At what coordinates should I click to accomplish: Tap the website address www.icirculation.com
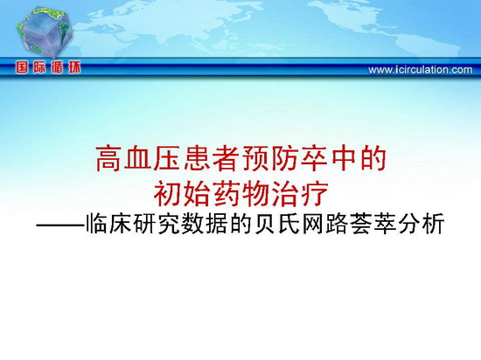[x=421, y=70]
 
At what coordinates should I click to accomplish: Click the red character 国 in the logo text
[x=22, y=67]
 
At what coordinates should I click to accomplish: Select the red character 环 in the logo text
[x=74, y=67]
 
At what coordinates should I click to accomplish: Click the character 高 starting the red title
[x=109, y=158]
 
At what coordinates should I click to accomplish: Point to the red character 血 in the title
[x=139, y=158]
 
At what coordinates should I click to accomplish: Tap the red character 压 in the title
[x=168, y=158]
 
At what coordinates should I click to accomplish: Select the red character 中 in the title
[x=343, y=158]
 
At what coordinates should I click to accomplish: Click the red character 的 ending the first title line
[x=373, y=158]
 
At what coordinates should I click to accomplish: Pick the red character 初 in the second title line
[x=168, y=194]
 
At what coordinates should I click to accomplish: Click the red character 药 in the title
[x=227, y=194]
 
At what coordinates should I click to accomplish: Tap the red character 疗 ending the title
[x=314, y=194]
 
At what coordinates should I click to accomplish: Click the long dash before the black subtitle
[x=60, y=226]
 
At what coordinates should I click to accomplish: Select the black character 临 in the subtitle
[x=98, y=224]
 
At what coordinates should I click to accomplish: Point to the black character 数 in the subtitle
[x=193, y=224]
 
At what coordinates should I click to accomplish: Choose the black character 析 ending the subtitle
[x=433, y=224]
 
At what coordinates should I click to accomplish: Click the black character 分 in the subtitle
[x=409, y=224]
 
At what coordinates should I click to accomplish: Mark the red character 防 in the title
[x=285, y=158]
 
